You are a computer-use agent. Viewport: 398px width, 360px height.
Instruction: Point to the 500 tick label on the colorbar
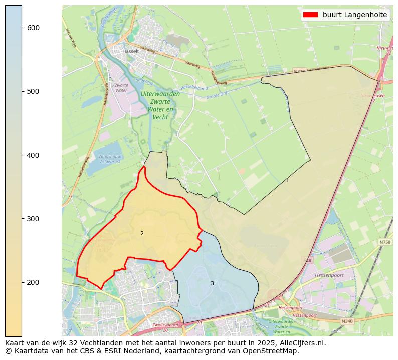tap(33, 91)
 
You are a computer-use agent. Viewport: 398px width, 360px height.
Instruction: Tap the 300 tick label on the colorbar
tap(33, 219)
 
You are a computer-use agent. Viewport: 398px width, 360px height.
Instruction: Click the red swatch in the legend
tap(310, 15)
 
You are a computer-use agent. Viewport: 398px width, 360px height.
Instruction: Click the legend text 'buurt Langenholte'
tap(355, 15)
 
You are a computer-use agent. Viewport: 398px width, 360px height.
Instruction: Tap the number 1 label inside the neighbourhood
tap(287, 180)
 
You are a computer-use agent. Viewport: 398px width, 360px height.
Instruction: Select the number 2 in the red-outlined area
tap(142, 233)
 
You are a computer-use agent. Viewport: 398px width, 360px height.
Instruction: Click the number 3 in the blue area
tap(212, 284)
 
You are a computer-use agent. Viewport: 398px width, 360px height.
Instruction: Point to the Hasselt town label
tap(130, 51)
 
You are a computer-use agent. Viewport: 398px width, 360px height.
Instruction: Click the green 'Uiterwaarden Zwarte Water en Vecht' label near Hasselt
tap(160, 105)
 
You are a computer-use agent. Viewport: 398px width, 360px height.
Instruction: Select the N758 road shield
tap(385, 242)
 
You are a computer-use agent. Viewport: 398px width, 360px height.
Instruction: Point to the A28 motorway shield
tap(308, 260)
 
